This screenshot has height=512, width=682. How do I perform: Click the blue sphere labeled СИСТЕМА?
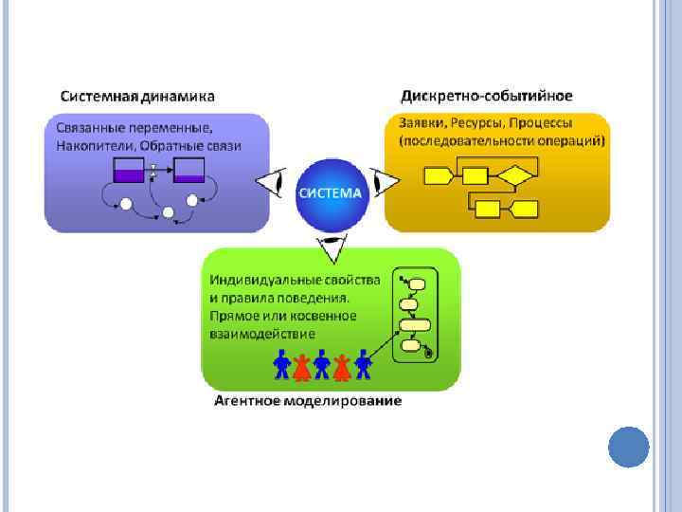(330, 192)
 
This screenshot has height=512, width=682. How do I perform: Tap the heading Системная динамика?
(137, 96)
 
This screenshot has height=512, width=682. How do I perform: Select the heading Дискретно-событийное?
(487, 96)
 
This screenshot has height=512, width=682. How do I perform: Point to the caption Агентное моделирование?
(307, 401)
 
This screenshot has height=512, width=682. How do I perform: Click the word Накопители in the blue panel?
(90, 146)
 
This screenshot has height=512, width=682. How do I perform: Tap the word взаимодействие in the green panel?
(262, 334)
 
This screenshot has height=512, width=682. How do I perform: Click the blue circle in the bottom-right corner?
(627, 446)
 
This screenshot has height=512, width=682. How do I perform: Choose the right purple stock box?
(189, 171)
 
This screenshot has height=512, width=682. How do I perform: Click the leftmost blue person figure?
(281, 363)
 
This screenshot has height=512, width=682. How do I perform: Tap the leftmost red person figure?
(301, 364)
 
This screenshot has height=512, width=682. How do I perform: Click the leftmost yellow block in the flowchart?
(437, 174)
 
